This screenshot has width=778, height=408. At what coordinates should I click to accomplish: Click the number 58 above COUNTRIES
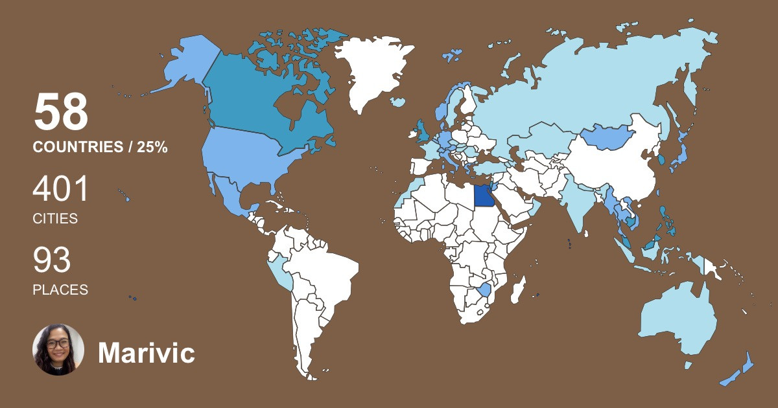click(x=60, y=113)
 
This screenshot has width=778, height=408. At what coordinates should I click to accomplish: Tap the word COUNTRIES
click(x=77, y=148)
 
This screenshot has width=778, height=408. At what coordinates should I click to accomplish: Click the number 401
click(x=60, y=190)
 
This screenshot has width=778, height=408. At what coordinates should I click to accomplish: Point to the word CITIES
click(x=55, y=219)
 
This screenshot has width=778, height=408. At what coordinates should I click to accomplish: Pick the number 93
click(x=52, y=261)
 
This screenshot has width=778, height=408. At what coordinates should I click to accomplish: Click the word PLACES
click(x=60, y=290)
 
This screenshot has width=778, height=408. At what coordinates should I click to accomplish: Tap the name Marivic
click(x=146, y=353)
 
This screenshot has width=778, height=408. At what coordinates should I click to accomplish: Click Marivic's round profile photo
click(x=58, y=350)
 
